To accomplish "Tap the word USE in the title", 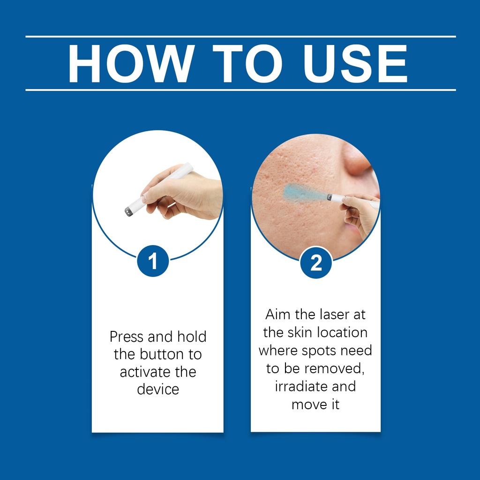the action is coord(355,63).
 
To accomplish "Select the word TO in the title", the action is coord(247,63).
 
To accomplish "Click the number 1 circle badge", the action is coord(153,261).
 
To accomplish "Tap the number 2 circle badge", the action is coord(316,262).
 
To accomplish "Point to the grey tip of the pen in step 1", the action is coord(129,211).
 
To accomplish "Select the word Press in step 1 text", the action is coord(127,337).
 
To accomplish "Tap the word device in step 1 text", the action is coord(158,390).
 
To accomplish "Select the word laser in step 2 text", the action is coord(335,315).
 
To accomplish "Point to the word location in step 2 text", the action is coord(342,332).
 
